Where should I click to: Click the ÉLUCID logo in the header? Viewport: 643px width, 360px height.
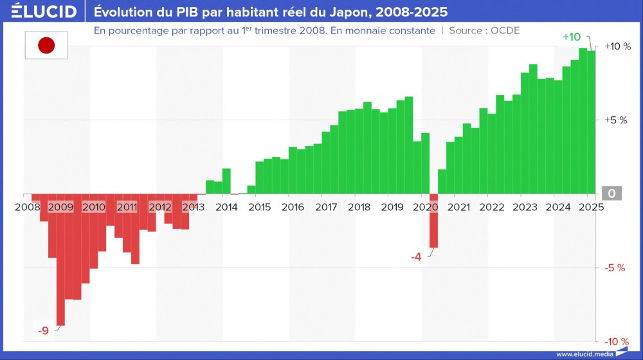(44, 12)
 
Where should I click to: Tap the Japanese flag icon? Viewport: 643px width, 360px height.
(46, 45)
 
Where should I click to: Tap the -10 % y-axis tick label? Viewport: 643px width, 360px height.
(615, 341)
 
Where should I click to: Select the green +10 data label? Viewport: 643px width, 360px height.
(571, 37)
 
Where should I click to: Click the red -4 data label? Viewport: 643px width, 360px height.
(416, 257)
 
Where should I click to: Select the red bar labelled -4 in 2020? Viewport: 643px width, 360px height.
(433, 221)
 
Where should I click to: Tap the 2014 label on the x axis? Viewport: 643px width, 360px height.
(226, 207)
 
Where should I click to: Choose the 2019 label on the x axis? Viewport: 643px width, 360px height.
(392, 207)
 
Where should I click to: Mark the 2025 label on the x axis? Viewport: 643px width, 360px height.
(590, 207)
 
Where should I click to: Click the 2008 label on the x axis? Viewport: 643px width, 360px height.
(28, 207)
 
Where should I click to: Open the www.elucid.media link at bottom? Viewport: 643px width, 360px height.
(584, 354)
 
